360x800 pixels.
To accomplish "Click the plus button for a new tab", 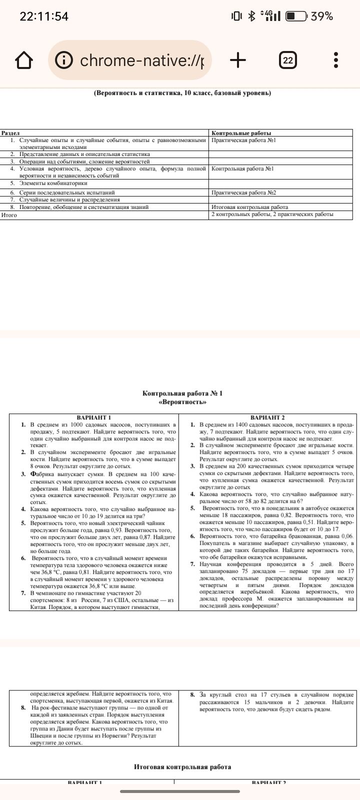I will [x=238, y=60].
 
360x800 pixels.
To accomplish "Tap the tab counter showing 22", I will [x=287, y=60].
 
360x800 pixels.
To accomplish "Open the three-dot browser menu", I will [x=336, y=60].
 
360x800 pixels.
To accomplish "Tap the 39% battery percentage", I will [x=321, y=16].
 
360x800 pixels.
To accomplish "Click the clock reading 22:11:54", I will [x=44, y=16].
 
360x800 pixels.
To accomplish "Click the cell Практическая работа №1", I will [x=243, y=140].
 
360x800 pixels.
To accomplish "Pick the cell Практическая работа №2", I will [x=243, y=192].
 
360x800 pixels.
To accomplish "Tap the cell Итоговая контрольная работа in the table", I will [x=249, y=207].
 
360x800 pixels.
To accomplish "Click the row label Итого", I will [x=9, y=215].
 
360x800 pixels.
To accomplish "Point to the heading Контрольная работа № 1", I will [x=182, y=393].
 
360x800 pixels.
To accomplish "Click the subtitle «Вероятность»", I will [x=182, y=402].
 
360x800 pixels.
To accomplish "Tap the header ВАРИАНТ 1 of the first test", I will [x=93, y=417].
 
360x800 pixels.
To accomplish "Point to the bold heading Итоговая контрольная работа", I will [x=182, y=766].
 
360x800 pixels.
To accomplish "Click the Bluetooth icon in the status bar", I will [x=252, y=16].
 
